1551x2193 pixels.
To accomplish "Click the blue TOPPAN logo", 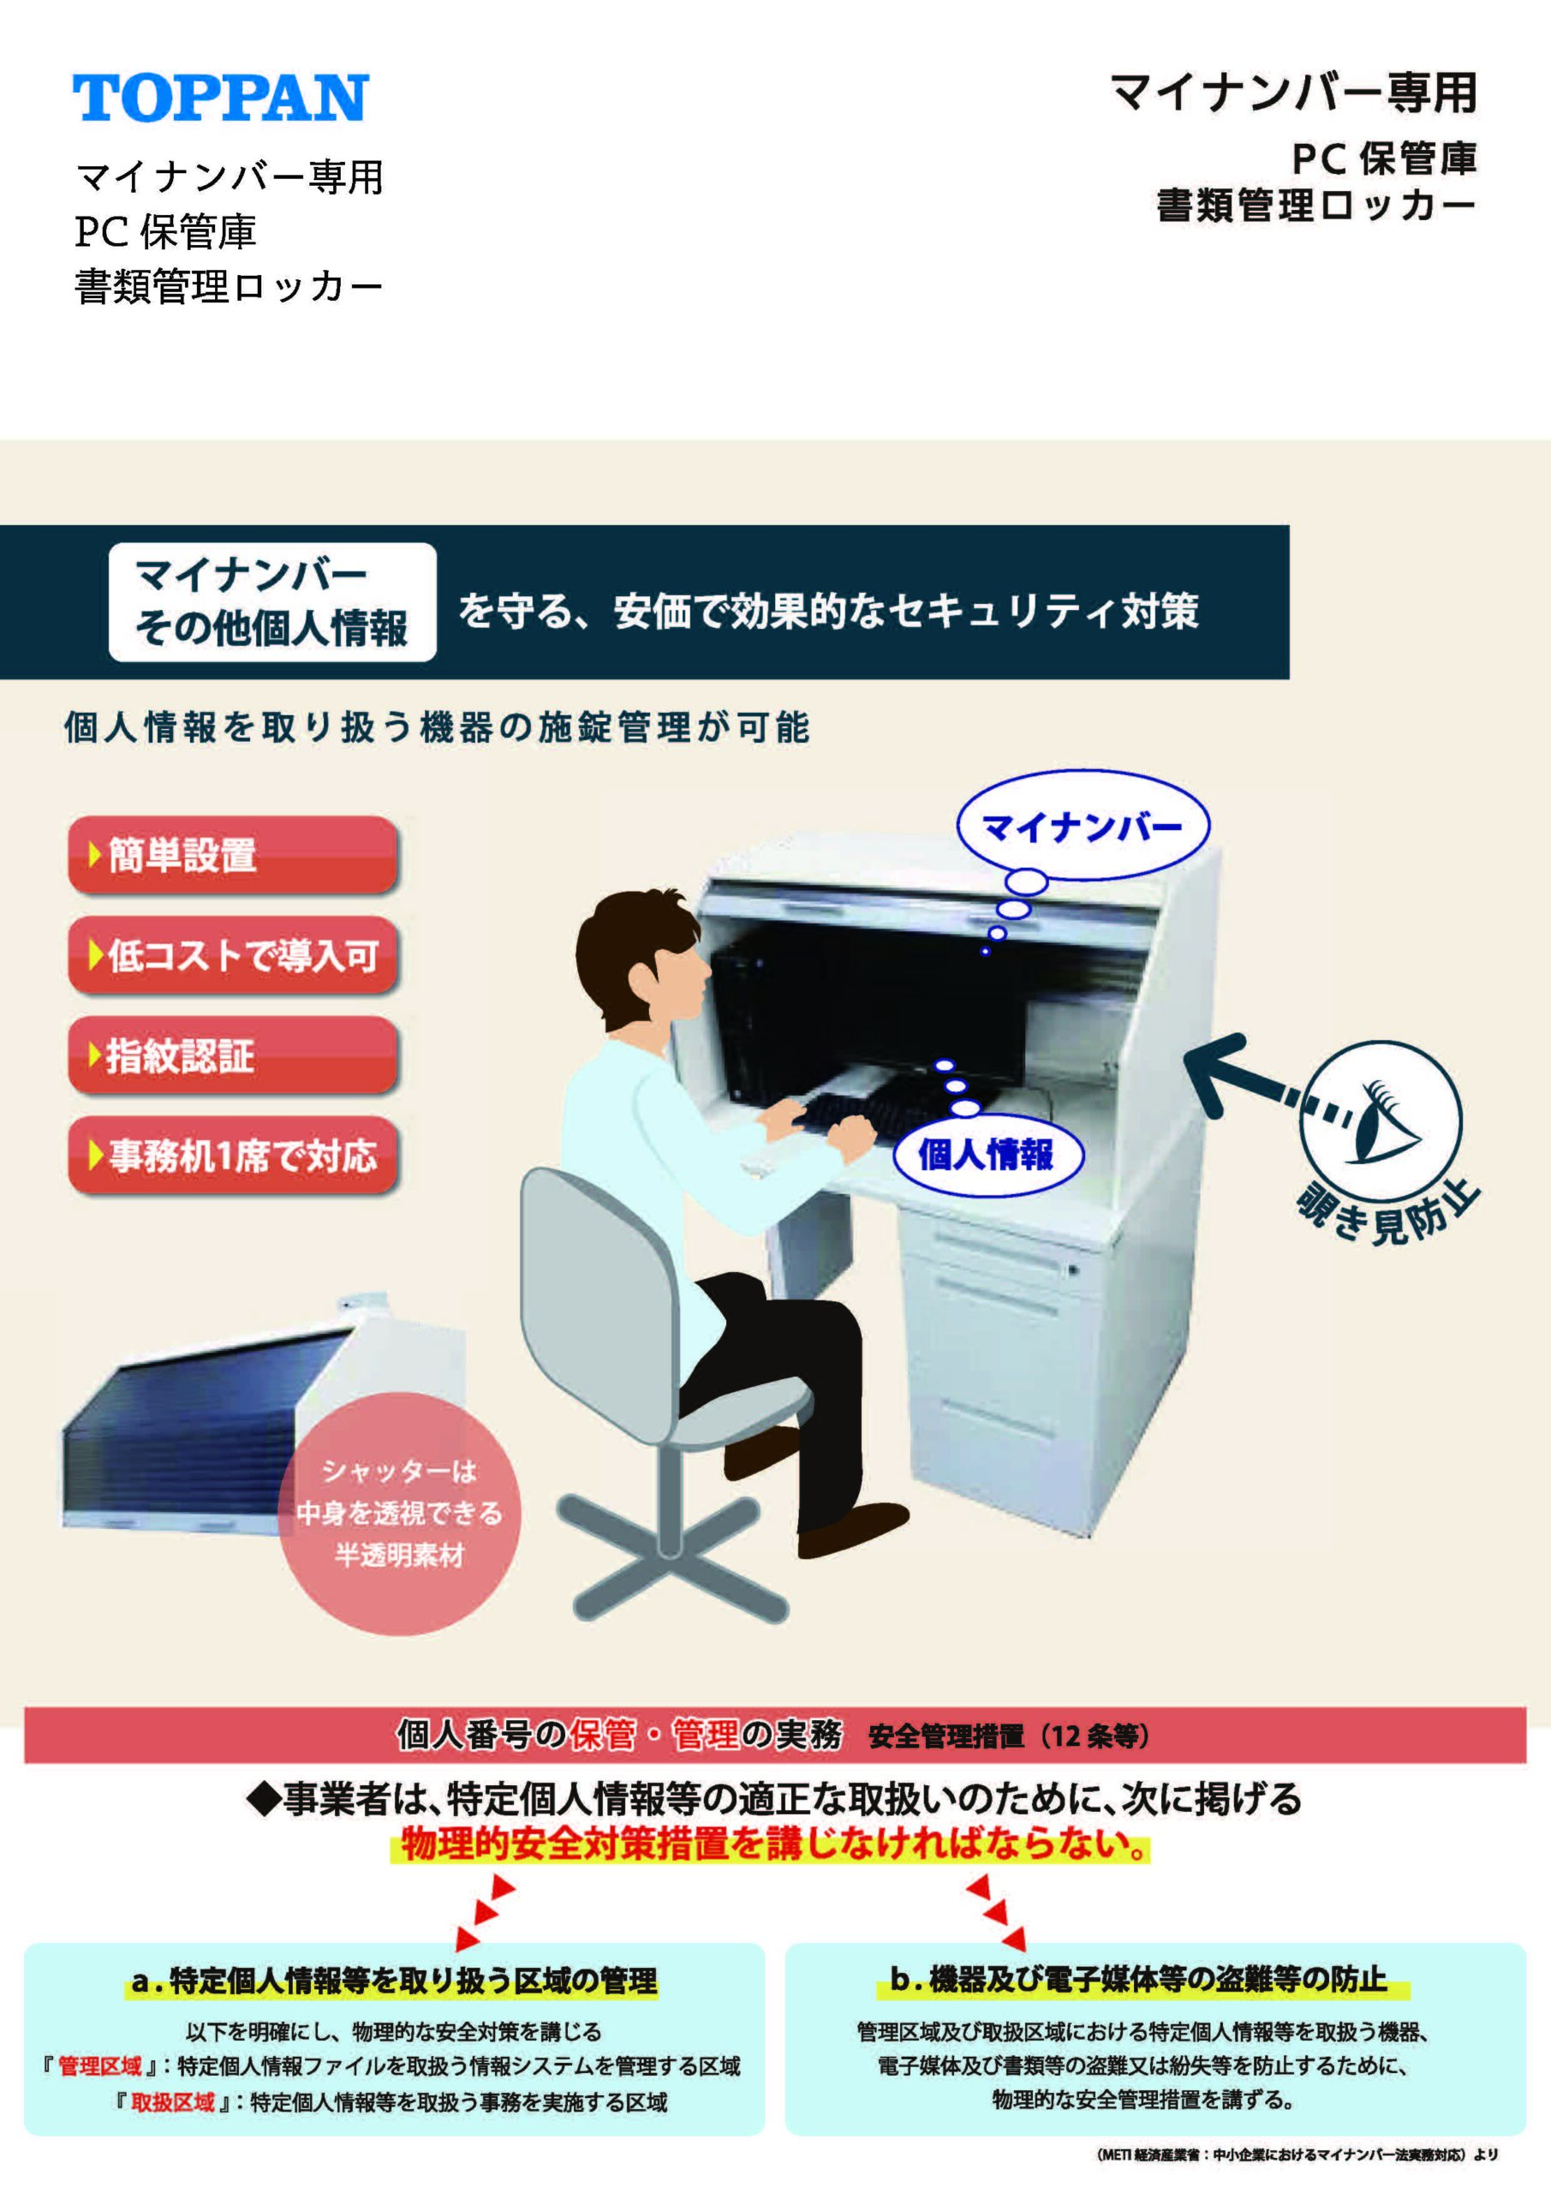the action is pyautogui.click(x=221, y=98).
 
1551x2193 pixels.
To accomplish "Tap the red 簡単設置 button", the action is pyautogui.click(x=232, y=855).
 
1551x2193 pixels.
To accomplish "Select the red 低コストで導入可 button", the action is pyautogui.click(x=232, y=955).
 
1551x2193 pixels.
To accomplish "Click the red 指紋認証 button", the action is pyautogui.click(x=232, y=1055).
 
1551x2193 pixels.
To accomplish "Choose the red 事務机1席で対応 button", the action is pyautogui.click(x=232, y=1156).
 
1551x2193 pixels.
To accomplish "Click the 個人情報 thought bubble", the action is pyautogui.click(x=987, y=1155).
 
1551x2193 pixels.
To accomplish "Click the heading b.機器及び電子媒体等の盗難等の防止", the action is pyautogui.click(x=1138, y=1978).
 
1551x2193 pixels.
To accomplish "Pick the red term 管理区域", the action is pyautogui.click(x=99, y=2066).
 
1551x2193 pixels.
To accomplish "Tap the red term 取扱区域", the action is pyautogui.click(x=173, y=2102).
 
